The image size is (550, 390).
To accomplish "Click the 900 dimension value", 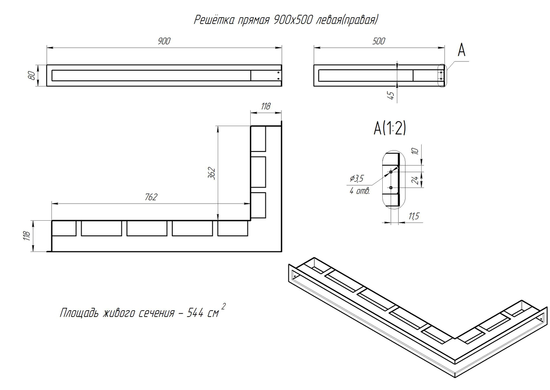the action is pos(164,41).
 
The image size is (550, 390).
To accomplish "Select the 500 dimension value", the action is pos(379,41).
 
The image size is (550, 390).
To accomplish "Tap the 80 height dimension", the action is pos(31,75).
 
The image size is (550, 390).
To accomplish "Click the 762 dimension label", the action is pos(151,197).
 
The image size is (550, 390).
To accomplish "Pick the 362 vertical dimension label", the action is pos(212,173).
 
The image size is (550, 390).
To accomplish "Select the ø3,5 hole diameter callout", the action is pos(357,178).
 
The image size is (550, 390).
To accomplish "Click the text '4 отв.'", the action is pos(360,191).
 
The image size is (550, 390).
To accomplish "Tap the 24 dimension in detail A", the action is pos(415,180).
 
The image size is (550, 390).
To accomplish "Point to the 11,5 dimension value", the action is pos(413,216).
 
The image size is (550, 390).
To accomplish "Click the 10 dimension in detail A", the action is pos(415,151).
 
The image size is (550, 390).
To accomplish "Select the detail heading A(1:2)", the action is pos(390,128).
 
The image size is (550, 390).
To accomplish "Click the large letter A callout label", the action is pos(462,50).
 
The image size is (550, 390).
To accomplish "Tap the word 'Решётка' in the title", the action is pos(214,20).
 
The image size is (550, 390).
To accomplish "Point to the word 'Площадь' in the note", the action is pos(79,313).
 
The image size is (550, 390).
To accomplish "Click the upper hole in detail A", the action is pos(391,172).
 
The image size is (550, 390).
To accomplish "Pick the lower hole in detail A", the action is pos(391,188).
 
